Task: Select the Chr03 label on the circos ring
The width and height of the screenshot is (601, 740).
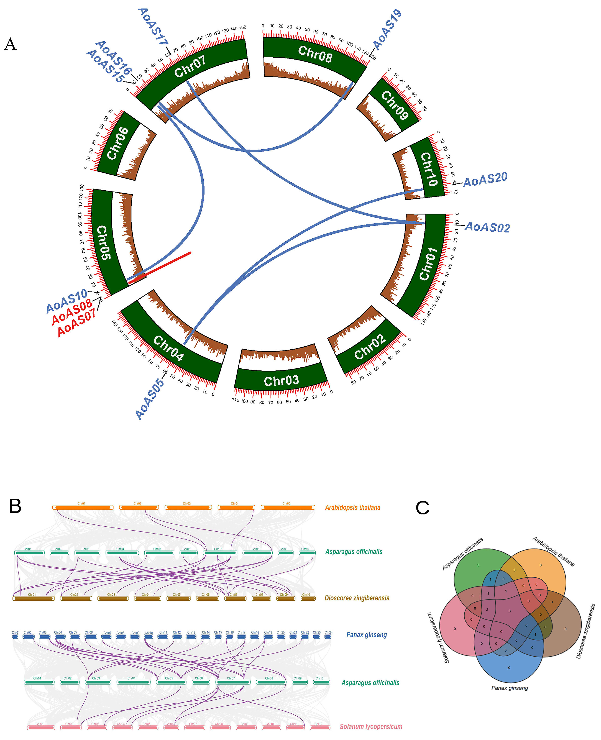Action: coord(281,381)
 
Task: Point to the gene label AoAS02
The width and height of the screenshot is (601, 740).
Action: coord(487,227)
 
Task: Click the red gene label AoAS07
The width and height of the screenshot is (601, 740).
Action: coord(76,323)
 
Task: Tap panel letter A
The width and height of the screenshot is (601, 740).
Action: coord(10,44)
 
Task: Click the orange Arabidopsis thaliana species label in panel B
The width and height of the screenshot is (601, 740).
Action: coord(352,507)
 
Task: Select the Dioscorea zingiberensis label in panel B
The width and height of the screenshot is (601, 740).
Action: coord(357,598)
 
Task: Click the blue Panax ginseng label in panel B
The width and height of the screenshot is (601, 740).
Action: coord(366,635)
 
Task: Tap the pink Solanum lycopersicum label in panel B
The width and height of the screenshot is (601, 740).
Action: coord(370,726)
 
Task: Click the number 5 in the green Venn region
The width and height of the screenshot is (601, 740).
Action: coord(478,565)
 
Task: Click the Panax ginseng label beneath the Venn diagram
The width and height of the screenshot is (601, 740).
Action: coord(509,688)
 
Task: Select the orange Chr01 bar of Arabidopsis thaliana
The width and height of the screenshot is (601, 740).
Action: coord(83,507)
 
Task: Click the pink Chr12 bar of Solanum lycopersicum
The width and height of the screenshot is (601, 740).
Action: coord(319,728)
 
